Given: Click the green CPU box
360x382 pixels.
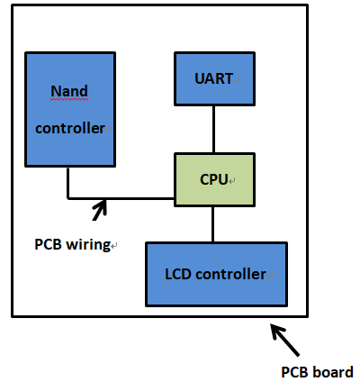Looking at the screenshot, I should tap(212, 180).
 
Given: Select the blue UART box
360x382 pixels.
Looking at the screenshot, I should tap(213, 78).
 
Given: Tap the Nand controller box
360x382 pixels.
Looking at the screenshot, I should tap(69, 109).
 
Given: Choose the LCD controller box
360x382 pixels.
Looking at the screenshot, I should tap(216, 273).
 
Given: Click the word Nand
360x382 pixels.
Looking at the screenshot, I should tap(69, 91).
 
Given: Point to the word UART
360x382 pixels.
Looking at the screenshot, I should tap(213, 78).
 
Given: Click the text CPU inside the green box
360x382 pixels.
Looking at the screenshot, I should tap(212, 180).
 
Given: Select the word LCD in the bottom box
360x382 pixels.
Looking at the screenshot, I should tap(177, 274).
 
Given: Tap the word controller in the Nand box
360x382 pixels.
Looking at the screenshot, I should tap(70, 128).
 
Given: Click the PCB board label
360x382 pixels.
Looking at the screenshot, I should tap(317, 371).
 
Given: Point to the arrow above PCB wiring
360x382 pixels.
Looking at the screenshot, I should tap(99, 209).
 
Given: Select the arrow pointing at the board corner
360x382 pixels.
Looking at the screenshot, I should tap(285, 341).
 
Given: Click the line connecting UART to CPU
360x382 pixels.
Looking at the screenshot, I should tap(213, 130).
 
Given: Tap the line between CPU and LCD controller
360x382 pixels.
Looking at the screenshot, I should tap(213, 224).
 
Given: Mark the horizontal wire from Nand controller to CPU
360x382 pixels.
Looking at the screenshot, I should tap(126, 197).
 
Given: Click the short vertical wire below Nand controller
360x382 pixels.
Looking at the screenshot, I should tap(67, 182).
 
